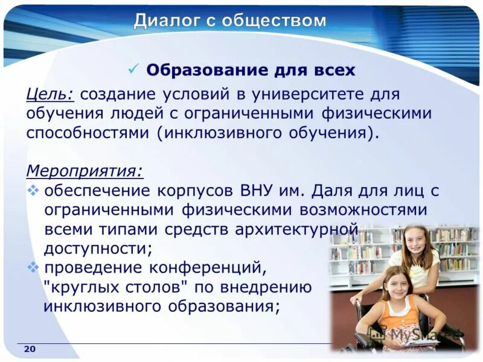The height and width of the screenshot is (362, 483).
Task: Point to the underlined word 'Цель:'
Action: pos(50,95)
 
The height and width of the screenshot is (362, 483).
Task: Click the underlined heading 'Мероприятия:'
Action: pos(85,171)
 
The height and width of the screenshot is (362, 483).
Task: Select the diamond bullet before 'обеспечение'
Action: pos(33,191)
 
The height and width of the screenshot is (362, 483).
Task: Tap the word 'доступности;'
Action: pos(98,249)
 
